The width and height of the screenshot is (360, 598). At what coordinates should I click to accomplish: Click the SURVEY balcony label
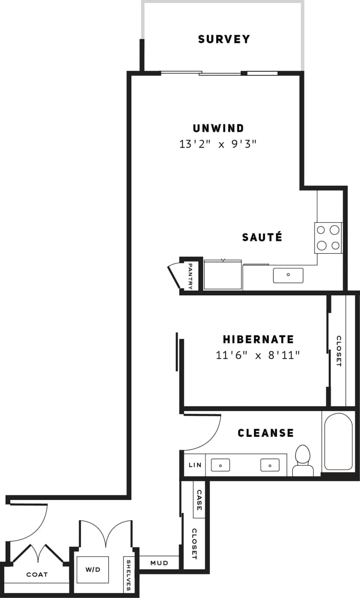click(x=224, y=39)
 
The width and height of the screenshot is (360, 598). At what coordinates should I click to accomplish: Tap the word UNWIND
click(x=218, y=128)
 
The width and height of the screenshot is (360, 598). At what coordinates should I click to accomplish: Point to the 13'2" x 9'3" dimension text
click(x=218, y=144)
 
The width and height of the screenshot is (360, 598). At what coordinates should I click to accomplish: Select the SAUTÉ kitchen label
click(x=262, y=237)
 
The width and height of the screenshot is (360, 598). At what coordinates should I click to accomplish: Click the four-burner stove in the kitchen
click(x=328, y=238)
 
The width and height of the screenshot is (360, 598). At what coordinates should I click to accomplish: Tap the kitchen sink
click(x=288, y=275)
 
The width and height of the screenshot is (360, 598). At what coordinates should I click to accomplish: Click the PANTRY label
click(x=191, y=276)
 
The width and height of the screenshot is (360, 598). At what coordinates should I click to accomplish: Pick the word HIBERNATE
click(x=258, y=339)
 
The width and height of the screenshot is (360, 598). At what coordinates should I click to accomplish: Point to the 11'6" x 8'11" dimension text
click(x=257, y=356)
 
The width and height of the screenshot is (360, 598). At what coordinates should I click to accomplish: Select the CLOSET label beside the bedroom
click(x=339, y=351)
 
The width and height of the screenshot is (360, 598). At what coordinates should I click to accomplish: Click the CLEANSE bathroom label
click(x=266, y=433)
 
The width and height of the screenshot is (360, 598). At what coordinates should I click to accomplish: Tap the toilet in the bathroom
click(x=303, y=460)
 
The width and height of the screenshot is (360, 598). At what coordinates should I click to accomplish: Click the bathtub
click(x=338, y=441)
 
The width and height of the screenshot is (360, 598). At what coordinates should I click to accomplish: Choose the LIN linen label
click(x=194, y=465)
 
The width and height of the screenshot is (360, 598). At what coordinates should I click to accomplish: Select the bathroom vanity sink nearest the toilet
click(x=270, y=465)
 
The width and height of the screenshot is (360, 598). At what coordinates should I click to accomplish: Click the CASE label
click(x=199, y=500)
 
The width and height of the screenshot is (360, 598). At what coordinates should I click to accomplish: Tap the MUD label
click(x=159, y=563)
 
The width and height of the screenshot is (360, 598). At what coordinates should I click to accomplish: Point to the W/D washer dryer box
click(x=92, y=570)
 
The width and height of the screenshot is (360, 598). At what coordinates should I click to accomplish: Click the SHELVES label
click(x=129, y=575)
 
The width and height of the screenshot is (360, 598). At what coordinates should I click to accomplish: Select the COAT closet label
click(x=37, y=575)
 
